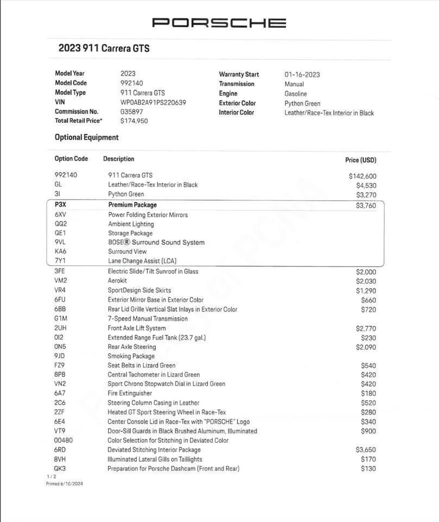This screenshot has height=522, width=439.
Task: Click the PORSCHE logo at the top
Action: [x=219, y=23]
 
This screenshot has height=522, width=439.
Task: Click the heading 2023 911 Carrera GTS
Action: [x=104, y=48]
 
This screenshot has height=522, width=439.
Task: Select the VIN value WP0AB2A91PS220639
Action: [x=153, y=102]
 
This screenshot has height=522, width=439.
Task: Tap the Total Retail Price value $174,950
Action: [x=134, y=121]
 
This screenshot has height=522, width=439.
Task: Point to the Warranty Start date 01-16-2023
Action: [x=302, y=74]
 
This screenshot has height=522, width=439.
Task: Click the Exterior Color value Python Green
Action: [x=302, y=103]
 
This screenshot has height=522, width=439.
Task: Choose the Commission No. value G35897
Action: [x=132, y=111]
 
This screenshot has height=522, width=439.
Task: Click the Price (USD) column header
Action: [x=360, y=160]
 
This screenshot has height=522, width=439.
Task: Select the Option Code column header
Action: [x=71, y=159]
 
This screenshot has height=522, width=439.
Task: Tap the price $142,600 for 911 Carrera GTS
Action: [x=362, y=176]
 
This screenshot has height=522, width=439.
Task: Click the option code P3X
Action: [x=61, y=205]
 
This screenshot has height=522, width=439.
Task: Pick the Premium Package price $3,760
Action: [x=366, y=206]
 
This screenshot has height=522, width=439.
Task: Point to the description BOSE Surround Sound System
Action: [x=156, y=243]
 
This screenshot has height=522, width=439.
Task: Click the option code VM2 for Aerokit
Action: [x=60, y=281]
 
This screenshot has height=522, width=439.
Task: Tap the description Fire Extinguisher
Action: [x=130, y=393]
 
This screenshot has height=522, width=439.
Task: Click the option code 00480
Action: [x=64, y=440]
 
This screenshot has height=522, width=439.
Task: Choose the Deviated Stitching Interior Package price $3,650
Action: [x=366, y=450]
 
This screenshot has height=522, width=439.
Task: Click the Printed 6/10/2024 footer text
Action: [x=64, y=483]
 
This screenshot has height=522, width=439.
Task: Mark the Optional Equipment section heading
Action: [x=86, y=138]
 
